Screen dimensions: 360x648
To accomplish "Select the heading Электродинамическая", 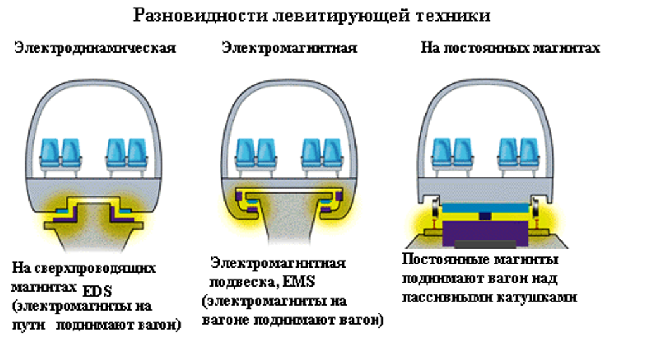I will [x=96, y=48].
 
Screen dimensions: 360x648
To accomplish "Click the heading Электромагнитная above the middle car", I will [x=289, y=48].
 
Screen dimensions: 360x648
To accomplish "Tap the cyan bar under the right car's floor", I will [x=484, y=207].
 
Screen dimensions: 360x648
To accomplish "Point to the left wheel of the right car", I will [x=436, y=209].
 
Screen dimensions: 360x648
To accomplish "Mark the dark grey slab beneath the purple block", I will [x=485, y=244].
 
